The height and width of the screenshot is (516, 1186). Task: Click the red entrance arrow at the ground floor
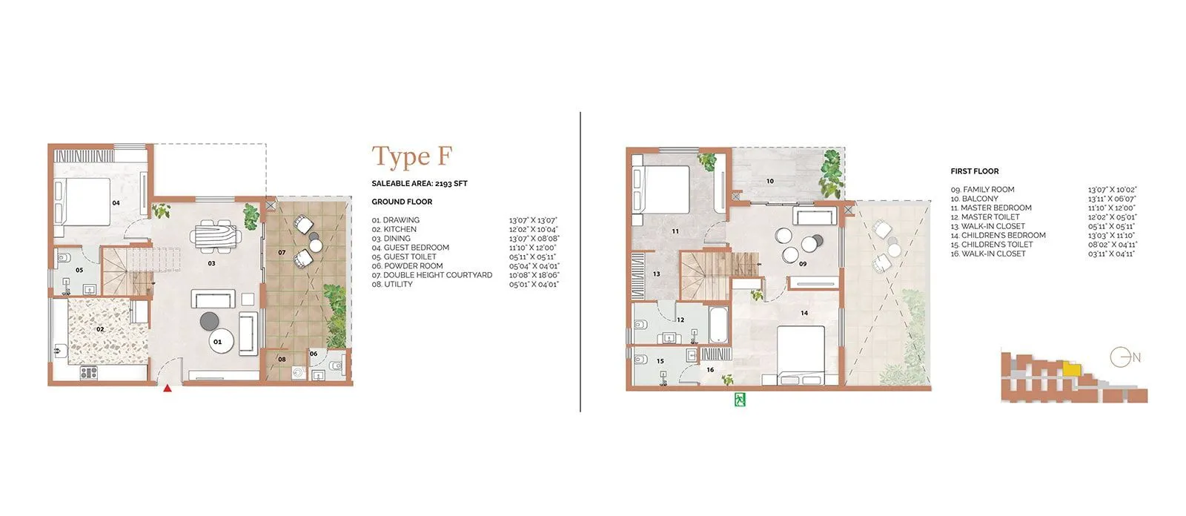point(168,388)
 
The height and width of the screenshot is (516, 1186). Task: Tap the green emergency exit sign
point(739,400)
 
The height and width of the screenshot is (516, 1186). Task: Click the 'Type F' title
point(411,156)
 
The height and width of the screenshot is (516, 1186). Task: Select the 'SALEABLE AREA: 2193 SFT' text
point(419,183)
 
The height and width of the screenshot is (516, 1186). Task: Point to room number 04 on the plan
point(116,202)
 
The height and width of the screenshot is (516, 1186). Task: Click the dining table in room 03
point(216,236)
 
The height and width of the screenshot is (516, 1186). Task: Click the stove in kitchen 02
point(89,373)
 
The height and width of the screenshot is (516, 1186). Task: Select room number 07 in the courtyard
point(282,253)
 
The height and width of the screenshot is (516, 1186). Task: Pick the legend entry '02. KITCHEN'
point(394,229)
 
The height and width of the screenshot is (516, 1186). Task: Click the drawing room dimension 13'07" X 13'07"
point(532,220)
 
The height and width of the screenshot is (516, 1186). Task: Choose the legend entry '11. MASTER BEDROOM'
point(990,208)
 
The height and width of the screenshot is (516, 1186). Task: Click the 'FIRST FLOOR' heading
point(974,171)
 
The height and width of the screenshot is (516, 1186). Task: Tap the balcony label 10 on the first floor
point(769,181)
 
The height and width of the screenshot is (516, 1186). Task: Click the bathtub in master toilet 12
point(718,323)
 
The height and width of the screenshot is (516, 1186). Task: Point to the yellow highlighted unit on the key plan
point(1071,368)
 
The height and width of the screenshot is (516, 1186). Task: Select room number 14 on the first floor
point(804,313)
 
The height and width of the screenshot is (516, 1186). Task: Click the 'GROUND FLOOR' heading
point(402,202)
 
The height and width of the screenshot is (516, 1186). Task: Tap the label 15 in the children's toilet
point(660,362)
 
